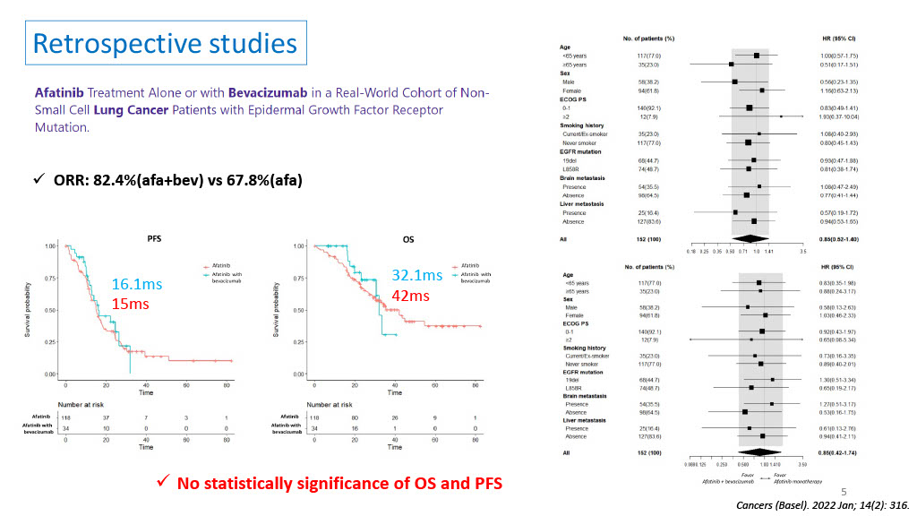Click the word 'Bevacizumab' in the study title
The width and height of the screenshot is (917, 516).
[x=260, y=92]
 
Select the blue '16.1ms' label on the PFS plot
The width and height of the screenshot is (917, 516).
[x=137, y=284]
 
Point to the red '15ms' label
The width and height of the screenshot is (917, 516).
[x=130, y=304]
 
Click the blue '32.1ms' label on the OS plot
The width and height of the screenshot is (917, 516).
[x=416, y=275]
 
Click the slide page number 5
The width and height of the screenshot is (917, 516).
[x=843, y=492]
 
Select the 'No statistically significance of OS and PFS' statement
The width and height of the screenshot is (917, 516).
[x=339, y=483]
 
